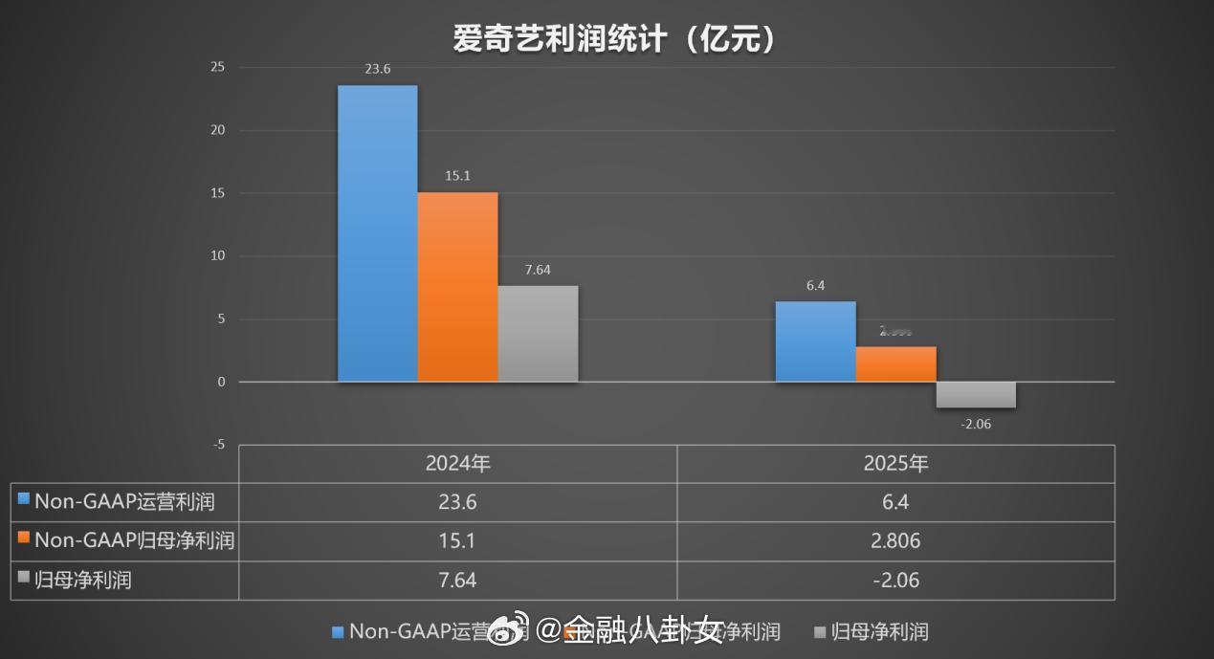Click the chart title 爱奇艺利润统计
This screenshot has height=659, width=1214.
click(x=613, y=38)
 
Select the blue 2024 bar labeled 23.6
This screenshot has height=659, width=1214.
click(x=377, y=233)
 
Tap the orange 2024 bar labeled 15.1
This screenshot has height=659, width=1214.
click(x=457, y=287)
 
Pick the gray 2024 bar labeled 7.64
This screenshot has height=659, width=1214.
click(x=538, y=333)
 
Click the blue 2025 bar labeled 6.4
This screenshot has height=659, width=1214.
click(x=815, y=341)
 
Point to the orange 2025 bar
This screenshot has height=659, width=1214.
click(x=895, y=364)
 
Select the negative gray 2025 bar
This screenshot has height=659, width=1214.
click(x=976, y=394)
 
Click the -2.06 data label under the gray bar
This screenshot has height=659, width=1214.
click(x=976, y=424)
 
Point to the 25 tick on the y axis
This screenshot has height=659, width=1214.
click(x=218, y=67)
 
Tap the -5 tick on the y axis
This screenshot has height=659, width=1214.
click(x=218, y=445)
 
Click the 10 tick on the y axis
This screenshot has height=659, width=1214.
click(x=218, y=256)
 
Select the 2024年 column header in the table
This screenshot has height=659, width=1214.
click(x=457, y=464)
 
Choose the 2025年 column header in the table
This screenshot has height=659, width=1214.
click(x=895, y=464)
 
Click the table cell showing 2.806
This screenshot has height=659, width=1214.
click(x=895, y=541)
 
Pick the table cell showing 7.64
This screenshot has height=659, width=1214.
click(x=457, y=581)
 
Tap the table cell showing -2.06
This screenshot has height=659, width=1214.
click(x=895, y=581)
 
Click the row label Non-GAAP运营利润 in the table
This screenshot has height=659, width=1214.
click(x=124, y=501)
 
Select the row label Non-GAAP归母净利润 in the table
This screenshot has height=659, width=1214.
click(x=134, y=540)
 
